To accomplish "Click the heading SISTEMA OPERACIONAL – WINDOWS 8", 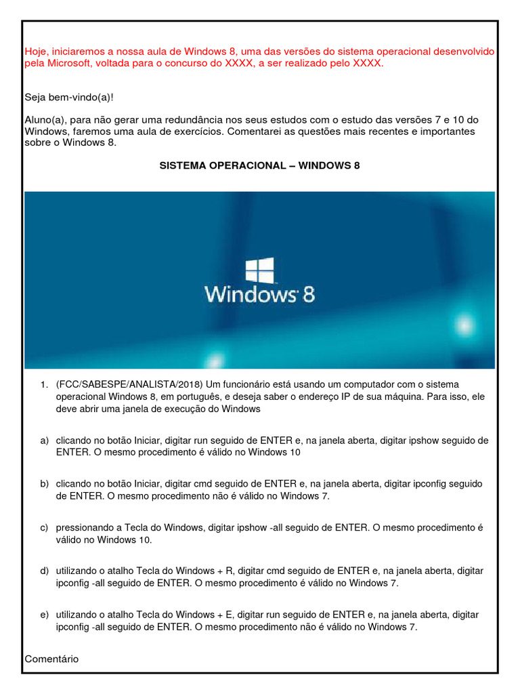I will [259, 165].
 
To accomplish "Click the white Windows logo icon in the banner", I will [259, 270].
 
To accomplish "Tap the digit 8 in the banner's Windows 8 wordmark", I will [308, 295].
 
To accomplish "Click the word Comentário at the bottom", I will [51, 659].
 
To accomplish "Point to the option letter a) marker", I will [44, 441].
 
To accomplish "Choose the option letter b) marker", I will [44, 484].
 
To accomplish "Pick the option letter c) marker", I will [44, 527].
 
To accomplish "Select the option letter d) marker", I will [44, 571].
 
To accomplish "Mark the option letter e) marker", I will [44, 614].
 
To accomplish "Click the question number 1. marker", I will [43, 385].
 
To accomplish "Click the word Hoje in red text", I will [36, 52].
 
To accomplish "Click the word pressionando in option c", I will [84, 527].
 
